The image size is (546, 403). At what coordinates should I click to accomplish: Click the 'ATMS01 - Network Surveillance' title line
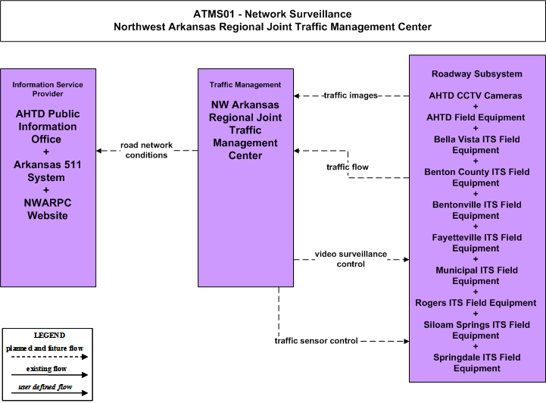pyautogui.click(x=273, y=14)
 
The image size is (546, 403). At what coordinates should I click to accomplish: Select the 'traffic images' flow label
pyautogui.click(x=351, y=95)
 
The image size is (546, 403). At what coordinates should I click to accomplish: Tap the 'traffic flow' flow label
pyautogui.click(x=347, y=167)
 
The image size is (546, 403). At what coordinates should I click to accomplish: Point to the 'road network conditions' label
pyautogui.click(x=146, y=150)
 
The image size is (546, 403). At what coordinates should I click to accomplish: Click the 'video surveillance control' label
pyautogui.click(x=351, y=259)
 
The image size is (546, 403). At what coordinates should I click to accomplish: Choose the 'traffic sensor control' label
pyautogui.click(x=317, y=341)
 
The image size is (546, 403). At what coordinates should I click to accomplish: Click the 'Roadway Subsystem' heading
pyautogui.click(x=476, y=73)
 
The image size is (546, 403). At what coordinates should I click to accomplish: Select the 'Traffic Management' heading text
pyautogui.click(x=245, y=85)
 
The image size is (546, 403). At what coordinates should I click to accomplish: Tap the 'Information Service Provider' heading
pyautogui.click(x=48, y=89)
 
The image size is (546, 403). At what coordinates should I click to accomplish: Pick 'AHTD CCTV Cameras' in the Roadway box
pyautogui.click(x=476, y=95)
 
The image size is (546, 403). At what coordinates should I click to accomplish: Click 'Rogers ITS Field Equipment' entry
pyautogui.click(x=476, y=303)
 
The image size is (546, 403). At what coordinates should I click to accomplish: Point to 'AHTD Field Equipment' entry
pyautogui.click(x=476, y=117)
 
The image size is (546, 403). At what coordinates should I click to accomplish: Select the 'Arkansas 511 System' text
pyautogui.click(x=48, y=170)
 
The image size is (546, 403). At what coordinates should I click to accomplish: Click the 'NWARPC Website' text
pyautogui.click(x=48, y=209)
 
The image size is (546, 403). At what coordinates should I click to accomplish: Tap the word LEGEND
pyautogui.click(x=49, y=336)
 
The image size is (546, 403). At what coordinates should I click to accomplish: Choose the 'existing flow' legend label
pyautogui.click(x=46, y=369)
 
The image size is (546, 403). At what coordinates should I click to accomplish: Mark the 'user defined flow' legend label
pyautogui.click(x=45, y=387)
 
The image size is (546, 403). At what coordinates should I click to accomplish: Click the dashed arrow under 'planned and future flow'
pyautogui.click(x=49, y=357)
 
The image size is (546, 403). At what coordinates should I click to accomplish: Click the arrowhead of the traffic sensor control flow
pyautogui.click(x=407, y=342)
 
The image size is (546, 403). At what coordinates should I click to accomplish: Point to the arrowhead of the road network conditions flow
pyautogui.click(x=99, y=151)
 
